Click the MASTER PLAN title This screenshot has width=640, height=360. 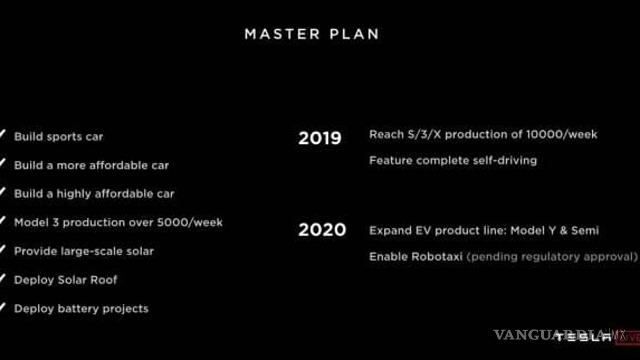312,34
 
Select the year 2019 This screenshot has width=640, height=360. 319,138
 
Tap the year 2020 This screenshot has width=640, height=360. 322,229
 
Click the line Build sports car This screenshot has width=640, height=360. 58,137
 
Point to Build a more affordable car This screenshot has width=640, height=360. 91,166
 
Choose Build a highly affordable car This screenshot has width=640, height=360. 94,194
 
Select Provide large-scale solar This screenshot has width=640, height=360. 83,251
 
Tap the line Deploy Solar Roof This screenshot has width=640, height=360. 66,280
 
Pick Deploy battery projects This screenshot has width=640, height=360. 81,309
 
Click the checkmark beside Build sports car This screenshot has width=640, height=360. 3,135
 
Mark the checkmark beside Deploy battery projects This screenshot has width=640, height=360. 3,307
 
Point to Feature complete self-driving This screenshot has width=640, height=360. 453,161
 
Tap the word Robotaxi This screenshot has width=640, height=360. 437,257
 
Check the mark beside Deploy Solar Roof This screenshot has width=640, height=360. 3,278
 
